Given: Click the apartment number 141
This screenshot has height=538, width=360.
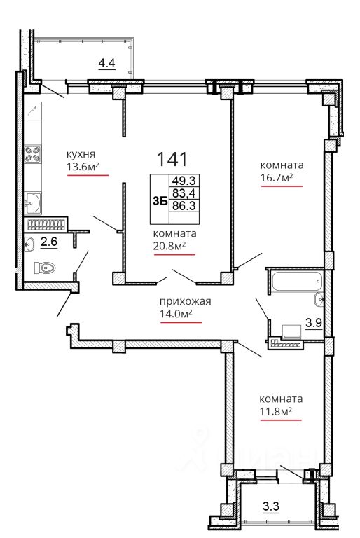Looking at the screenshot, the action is tap(172, 159).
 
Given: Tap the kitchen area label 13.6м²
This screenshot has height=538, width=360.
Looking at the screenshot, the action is tap(83, 167).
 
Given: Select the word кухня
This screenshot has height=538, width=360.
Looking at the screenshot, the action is tap(81, 154).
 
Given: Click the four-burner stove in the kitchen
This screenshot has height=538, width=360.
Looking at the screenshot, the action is tap(33, 153).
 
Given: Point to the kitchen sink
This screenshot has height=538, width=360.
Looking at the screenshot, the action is tap(33, 202).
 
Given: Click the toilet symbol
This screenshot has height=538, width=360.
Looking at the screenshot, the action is tap(45, 268).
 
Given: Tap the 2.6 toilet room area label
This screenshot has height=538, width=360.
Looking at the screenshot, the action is tap(49, 242).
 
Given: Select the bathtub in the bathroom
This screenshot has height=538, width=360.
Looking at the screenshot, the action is tap(296, 281).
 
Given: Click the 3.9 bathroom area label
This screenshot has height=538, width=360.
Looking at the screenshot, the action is tap(314, 322).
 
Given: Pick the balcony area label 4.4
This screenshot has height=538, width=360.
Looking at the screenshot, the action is tap(106, 63).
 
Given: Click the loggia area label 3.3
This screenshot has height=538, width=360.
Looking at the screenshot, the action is tap(271, 506).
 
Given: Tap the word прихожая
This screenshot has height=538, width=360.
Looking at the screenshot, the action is tap(186, 302).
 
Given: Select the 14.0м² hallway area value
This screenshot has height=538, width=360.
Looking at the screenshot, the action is tap(176, 314).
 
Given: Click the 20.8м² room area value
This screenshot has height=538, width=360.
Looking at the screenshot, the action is tap(170, 246).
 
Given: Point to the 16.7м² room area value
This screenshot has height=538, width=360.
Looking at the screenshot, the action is tap(277, 177).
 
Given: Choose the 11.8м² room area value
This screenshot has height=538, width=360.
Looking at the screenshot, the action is tap(276, 411).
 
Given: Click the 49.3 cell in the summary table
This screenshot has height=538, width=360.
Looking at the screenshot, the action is tap(184, 181).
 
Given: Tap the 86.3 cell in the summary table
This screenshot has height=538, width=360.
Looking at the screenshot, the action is tap(184, 206).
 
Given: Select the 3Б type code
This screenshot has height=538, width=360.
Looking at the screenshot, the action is tap(160, 202).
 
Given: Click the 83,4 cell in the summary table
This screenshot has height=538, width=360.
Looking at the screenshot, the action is tap(184, 193).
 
